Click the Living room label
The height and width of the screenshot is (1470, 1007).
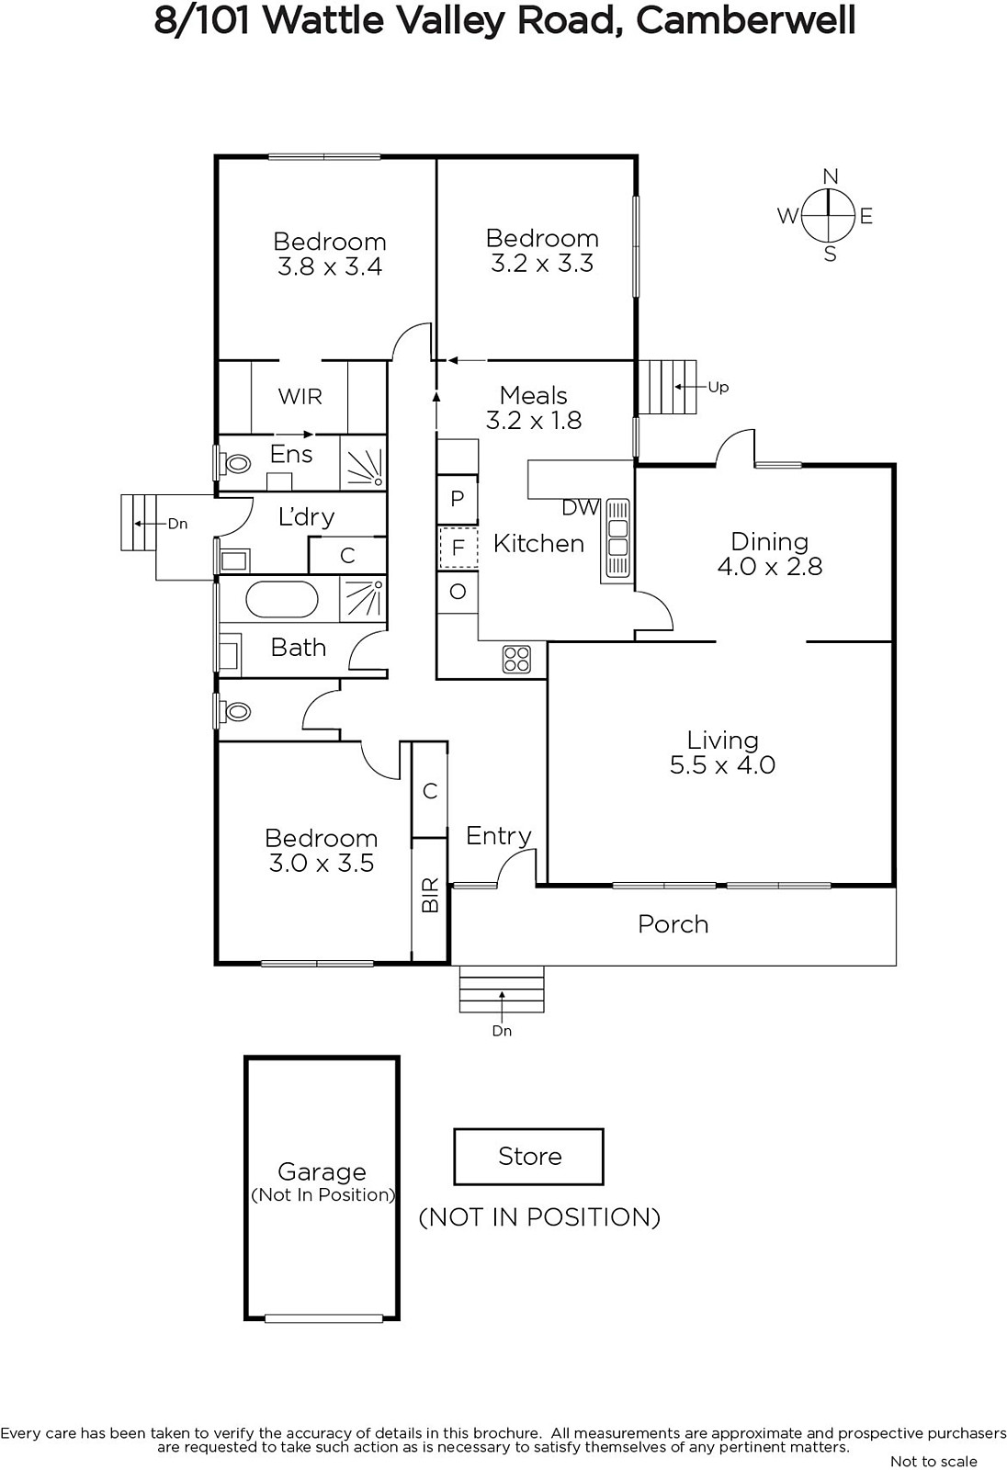coord(722,752)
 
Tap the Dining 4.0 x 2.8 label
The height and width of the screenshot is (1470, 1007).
coord(769,554)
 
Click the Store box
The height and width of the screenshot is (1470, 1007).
coord(529,1157)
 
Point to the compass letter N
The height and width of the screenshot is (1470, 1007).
coord(830,176)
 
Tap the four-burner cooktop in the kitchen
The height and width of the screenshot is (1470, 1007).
coord(516,659)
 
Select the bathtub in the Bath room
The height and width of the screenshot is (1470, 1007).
coord(281,600)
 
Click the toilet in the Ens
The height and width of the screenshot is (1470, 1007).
coord(235,463)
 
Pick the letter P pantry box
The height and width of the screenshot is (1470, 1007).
coord(458,500)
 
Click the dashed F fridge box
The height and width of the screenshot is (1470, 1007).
coord(458,548)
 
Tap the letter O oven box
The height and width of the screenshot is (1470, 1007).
coord(458,592)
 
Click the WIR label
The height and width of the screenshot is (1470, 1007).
coord(300,397)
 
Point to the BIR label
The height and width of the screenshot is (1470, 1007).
coord(430,897)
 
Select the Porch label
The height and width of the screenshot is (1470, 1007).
coord(673,924)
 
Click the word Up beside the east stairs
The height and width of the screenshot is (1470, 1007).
coord(718,387)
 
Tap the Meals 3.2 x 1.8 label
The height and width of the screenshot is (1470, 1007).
coord(534,408)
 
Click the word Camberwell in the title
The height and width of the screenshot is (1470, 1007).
coord(745,19)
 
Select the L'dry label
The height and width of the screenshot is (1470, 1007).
coord(306,516)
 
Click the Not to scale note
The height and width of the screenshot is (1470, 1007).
coord(933,1461)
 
